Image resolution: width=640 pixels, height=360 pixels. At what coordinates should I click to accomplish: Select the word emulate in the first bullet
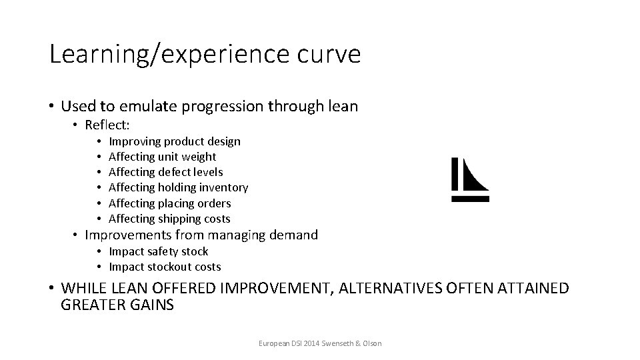pos(156,106)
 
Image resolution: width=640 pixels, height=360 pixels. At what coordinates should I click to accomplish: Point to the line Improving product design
pos(174,141)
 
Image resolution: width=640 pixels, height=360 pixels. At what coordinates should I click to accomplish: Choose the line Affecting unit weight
pos(162,157)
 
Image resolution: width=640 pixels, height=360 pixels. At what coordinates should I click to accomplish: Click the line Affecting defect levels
pos(165,172)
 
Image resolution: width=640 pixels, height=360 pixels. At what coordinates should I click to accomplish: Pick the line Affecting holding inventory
pos(178,188)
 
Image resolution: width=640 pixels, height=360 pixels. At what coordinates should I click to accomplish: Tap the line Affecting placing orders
pos(169,203)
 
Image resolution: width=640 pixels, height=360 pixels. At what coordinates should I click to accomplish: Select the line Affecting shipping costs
pos(169,219)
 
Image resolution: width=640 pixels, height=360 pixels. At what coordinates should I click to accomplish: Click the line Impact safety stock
pos(158,251)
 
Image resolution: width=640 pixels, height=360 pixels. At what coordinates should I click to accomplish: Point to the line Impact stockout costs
pos(165,267)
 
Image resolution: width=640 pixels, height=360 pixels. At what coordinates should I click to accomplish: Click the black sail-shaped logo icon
pos(475,175)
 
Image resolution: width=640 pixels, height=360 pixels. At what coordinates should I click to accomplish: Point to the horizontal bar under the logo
pos(470,198)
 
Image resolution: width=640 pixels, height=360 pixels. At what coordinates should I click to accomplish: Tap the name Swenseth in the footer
pos(335,343)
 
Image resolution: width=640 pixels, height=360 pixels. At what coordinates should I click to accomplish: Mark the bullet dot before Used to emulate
pos(52,107)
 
